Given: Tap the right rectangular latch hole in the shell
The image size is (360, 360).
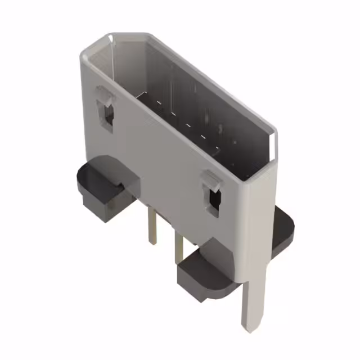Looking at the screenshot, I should (x=214, y=201).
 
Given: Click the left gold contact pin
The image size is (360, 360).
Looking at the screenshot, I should (x=151, y=225).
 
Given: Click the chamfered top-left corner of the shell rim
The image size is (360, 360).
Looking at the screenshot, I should (x=93, y=46).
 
